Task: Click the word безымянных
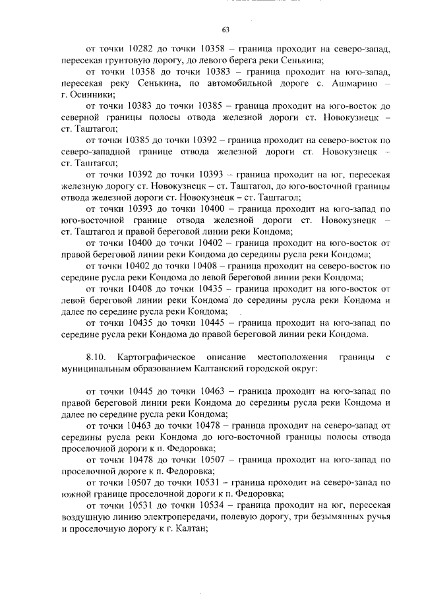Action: click(x=332, y=515)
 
